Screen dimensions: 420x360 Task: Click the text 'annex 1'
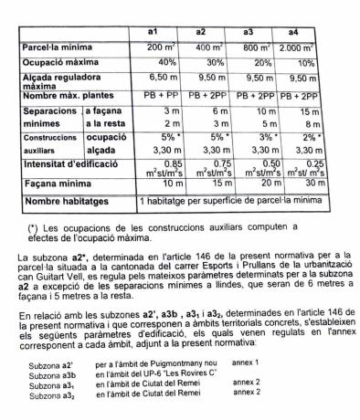coord(246,362)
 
